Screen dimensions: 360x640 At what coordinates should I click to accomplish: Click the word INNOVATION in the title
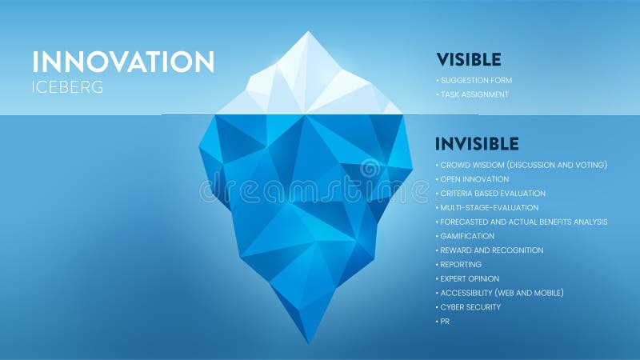(123, 62)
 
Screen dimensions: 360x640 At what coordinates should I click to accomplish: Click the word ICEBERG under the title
(68, 87)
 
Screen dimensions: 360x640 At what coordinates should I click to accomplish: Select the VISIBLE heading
(469, 59)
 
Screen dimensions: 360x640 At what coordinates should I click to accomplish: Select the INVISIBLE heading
(477, 144)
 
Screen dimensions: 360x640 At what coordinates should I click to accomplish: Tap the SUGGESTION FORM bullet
(476, 81)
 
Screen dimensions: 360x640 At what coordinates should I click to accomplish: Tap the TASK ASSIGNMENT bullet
(474, 94)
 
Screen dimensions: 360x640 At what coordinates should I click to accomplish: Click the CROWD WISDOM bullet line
(523, 165)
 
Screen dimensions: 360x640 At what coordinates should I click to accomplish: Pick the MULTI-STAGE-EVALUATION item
(489, 208)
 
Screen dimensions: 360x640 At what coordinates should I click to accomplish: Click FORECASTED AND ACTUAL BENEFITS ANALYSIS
(523, 222)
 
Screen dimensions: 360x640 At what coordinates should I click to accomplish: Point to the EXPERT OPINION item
(470, 279)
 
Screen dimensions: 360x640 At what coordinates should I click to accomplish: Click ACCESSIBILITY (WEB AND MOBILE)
(502, 293)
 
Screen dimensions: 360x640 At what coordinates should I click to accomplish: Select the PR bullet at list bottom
(445, 322)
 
